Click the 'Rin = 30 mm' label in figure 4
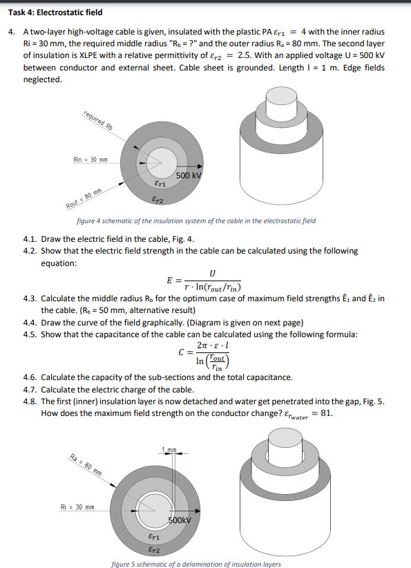coord(89,160)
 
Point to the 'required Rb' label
coord(97,120)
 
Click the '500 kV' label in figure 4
coord(188,176)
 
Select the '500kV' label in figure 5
coord(181,520)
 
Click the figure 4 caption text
coord(196,221)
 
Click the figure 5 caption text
coord(196,564)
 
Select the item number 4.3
coord(32,299)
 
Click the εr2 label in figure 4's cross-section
coord(157,199)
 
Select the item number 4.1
coord(32,240)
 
